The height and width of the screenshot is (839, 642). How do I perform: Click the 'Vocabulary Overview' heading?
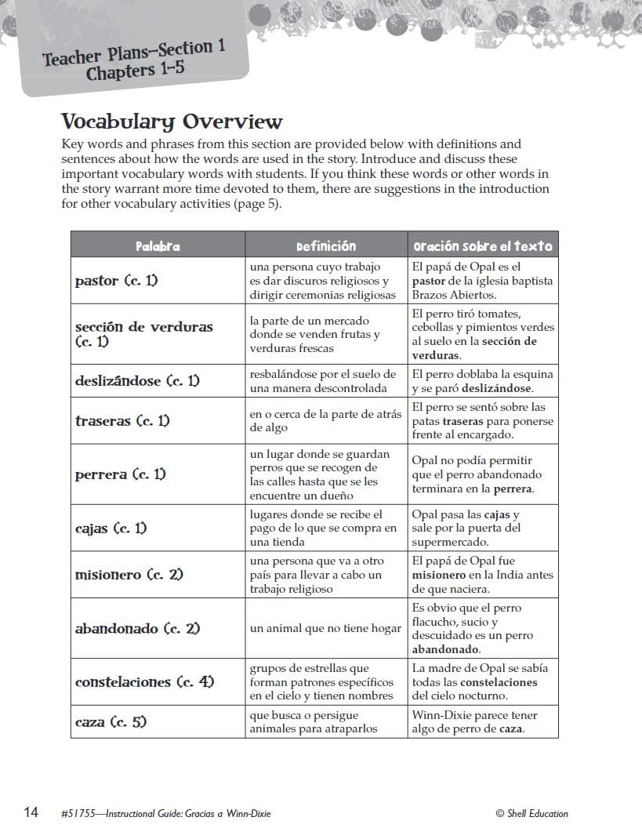pyautogui.click(x=172, y=122)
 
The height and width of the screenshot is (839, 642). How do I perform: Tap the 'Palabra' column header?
pyautogui.click(x=158, y=246)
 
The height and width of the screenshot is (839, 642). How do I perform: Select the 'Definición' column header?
pyautogui.click(x=326, y=246)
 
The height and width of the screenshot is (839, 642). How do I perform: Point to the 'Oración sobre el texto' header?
pyautogui.click(x=483, y=246)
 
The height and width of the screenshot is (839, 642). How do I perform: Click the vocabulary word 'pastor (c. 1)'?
pyautogui.click(x=116, y=281)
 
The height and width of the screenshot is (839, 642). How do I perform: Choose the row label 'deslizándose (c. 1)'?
pyautogui.click(x=137, y=381)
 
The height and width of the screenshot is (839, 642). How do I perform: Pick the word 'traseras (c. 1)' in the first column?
pyautogui.click(x=122, y=421)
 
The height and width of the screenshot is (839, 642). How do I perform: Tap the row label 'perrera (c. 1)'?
pyautogui.click(x=120, y=474)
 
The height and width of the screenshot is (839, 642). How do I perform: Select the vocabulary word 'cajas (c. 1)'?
pyautogui.click(x=111, y=528)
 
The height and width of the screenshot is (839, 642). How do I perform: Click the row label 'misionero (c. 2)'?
pyautogui.click(x=129, y=575)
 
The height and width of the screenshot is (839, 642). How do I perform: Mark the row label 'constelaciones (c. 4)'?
pyautogui.click(x=144, y=682)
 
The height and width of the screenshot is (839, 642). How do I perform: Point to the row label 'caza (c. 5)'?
pyautogui.click(x=111, y=722)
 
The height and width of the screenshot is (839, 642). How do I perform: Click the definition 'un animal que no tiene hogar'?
pyautogui.click(x=325, y=629)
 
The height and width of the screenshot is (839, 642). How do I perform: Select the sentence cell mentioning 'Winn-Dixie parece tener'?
pyautogui.click(x=475, y=722)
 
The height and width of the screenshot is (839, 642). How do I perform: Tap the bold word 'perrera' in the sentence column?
pyautogui.click(x=512, y=489)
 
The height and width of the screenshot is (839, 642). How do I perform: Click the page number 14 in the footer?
pyautogui.click(x=31, y=812)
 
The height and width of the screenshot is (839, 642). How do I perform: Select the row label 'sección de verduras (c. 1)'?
pyautogui.click(x=143, y=334)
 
